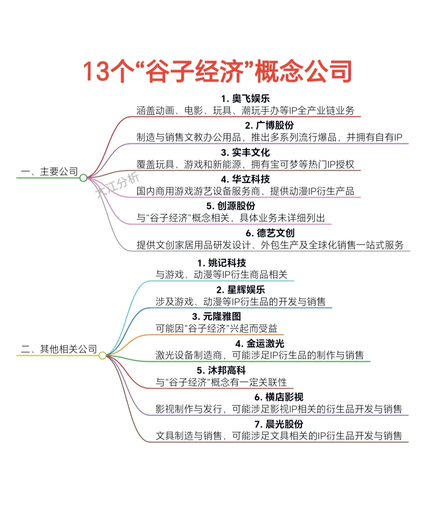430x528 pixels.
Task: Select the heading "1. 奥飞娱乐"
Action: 245,99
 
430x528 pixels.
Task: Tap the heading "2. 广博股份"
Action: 269,125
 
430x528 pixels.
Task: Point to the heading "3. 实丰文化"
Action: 245,152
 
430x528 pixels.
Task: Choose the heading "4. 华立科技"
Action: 245,179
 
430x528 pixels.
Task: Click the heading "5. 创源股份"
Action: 231,206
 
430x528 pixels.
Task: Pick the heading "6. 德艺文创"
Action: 270,233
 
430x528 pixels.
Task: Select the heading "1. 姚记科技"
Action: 221,263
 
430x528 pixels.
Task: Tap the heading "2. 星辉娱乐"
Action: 241,290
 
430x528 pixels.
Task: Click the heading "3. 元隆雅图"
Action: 217,316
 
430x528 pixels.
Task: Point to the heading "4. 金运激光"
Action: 260,344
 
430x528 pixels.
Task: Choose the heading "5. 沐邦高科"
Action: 221,370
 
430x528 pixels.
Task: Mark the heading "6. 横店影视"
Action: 279,397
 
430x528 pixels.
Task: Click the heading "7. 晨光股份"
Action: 279,424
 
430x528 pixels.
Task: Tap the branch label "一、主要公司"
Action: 49,172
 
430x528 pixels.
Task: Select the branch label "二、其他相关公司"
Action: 59,349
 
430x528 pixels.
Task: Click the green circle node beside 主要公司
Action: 83,178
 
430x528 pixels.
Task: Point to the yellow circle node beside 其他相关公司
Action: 103,356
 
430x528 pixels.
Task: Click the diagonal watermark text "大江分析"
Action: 117,184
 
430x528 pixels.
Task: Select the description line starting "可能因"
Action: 217,328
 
